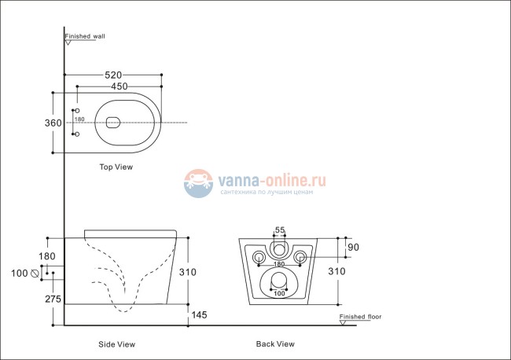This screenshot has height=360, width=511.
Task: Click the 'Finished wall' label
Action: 85,36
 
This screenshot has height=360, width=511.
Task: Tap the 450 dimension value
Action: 119,86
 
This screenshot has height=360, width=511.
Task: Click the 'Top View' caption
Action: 116,167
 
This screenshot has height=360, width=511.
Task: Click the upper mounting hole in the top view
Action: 76,110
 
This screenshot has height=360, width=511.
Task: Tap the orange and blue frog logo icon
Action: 199,184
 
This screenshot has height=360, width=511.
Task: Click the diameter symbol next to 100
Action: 34,274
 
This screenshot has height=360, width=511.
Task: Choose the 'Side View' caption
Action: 116,344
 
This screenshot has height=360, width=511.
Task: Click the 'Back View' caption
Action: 275,344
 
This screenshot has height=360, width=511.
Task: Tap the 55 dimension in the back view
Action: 279,230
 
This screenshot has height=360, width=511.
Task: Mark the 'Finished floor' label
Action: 360,318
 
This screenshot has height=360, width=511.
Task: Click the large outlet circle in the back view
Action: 279,280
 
